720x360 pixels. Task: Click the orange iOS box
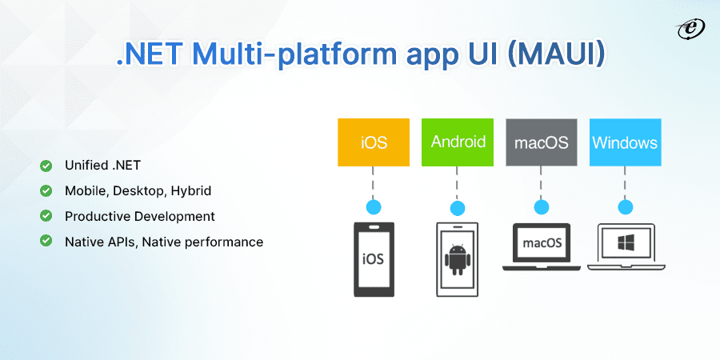point(374,142)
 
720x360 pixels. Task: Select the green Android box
point(458,142)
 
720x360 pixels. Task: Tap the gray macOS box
point(542,142)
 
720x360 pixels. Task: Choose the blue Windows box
point(625,142)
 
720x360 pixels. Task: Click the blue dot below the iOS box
point(374,207)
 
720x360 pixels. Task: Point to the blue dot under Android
point(458,208)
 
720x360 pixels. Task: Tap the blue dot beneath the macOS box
point(542,208)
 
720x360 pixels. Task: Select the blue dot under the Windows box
point(625,208)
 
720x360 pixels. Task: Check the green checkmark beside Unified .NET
point(46,166)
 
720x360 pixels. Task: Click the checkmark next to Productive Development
point(46,216)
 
